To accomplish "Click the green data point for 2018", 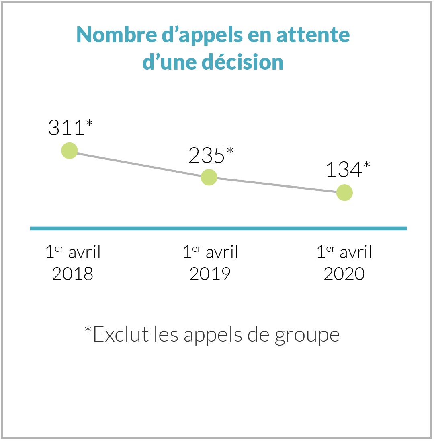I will point(70,150).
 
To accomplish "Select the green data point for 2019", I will point(209,177).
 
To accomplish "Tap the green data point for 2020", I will point(344,193).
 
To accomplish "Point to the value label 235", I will point(206,155).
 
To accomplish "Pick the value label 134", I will point(342,170).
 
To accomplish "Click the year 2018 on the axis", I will point(73,274).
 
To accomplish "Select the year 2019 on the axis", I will point(210,274).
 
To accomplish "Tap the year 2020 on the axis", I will point(344,274).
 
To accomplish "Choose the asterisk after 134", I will point(366,164).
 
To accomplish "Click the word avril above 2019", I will point(222,252).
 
